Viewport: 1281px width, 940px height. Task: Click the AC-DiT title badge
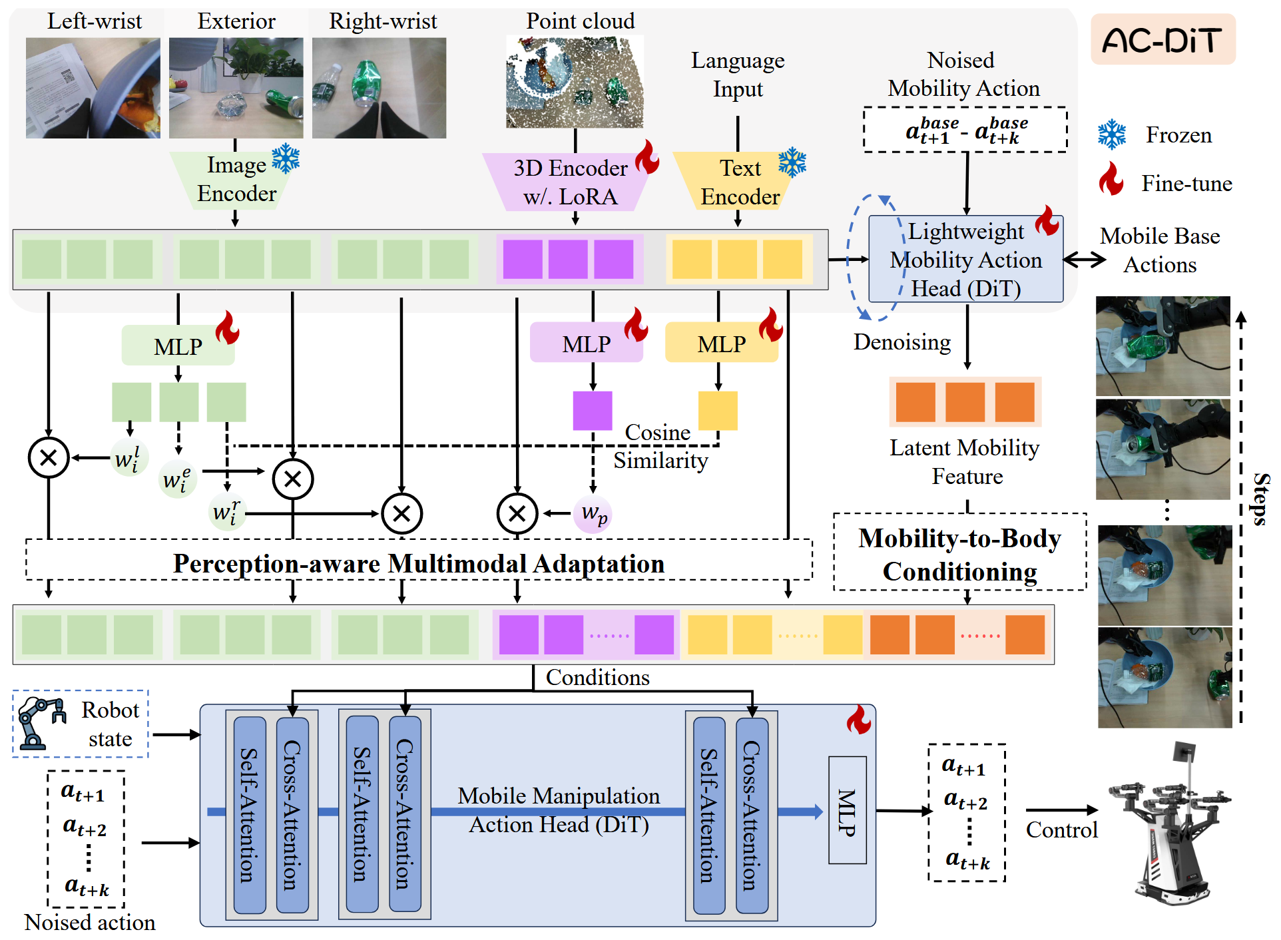[x=1162, y=40]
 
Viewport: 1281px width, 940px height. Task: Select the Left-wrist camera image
[x=93, y=88]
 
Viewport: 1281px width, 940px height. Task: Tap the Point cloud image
[x=575, y=82]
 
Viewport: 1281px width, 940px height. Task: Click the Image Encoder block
[x=236, y=180]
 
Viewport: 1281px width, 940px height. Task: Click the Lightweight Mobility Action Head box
[x=965, y=260]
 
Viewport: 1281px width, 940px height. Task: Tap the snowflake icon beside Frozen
[x=1111, y=134]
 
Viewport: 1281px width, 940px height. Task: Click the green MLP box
[x=178, y=346]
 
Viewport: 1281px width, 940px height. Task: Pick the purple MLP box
[x=586, y=344]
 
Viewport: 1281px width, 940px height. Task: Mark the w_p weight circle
[x=593, y=514]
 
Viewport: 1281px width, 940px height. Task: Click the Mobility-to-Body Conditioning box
[x=959, y=553]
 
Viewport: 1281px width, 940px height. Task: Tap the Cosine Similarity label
[x=659, y=446]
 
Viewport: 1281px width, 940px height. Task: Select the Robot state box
[x=81, y=724]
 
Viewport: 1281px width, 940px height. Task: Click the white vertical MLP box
[x=847, y=810]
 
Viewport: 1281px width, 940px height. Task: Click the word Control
[x=1061, y=830]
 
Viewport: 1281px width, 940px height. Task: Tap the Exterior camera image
[x=236, y=88]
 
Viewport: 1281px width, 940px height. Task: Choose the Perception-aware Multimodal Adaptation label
[x=419, y=563]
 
